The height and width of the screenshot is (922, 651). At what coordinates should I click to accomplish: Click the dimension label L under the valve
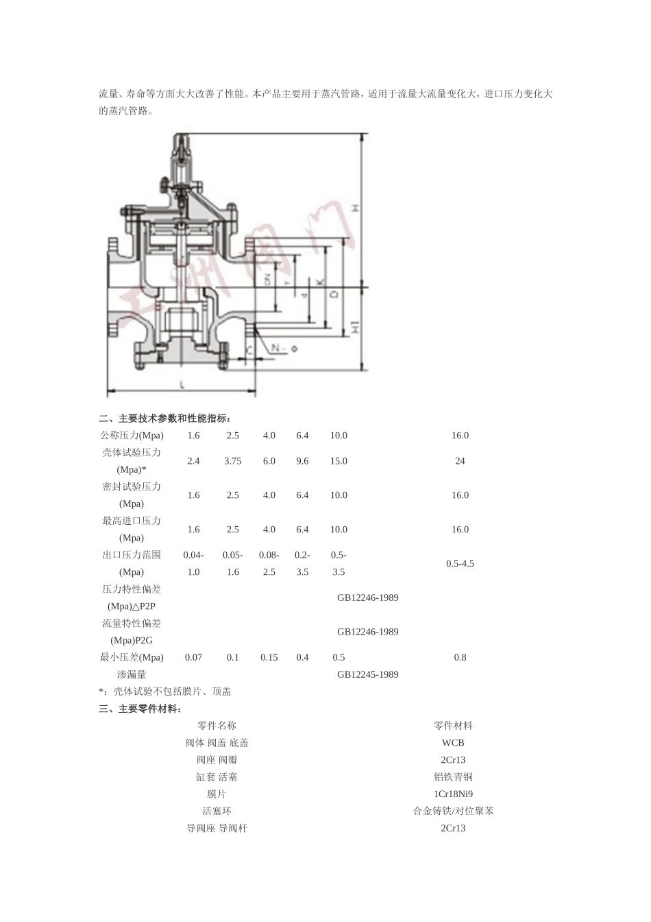click(182, 385)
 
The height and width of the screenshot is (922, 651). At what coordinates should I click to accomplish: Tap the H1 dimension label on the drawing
click(355, 329)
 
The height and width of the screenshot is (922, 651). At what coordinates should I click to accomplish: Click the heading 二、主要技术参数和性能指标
click(165, 418)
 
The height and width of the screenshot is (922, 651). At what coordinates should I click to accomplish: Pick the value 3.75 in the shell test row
click(232, 461)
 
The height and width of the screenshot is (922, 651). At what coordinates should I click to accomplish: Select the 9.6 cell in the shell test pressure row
click(302, 461)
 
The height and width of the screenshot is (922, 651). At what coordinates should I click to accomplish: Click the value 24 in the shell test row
click(460, 461)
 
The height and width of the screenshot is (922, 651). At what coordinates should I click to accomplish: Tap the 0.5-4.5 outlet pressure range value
click(460, 563)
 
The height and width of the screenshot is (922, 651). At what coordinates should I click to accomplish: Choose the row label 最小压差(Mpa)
click(132, 657)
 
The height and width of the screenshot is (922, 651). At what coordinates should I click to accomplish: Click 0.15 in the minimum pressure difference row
click(269, 657)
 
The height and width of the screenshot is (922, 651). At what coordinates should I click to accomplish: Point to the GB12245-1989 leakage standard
click(367, 674)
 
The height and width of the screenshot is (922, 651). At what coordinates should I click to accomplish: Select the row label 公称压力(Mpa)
click(132, 436)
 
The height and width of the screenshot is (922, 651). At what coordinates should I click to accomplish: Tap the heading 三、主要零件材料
click(140, 709)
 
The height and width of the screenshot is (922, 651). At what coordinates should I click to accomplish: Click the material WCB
click(453, 743)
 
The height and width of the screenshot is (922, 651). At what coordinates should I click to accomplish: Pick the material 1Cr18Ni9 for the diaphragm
click(453, 794)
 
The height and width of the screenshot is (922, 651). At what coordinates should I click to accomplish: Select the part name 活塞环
click(217, 811)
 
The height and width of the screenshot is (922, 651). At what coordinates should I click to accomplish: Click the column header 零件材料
click(453, 726)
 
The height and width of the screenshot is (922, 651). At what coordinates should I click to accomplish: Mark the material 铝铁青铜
click(453, 777)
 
